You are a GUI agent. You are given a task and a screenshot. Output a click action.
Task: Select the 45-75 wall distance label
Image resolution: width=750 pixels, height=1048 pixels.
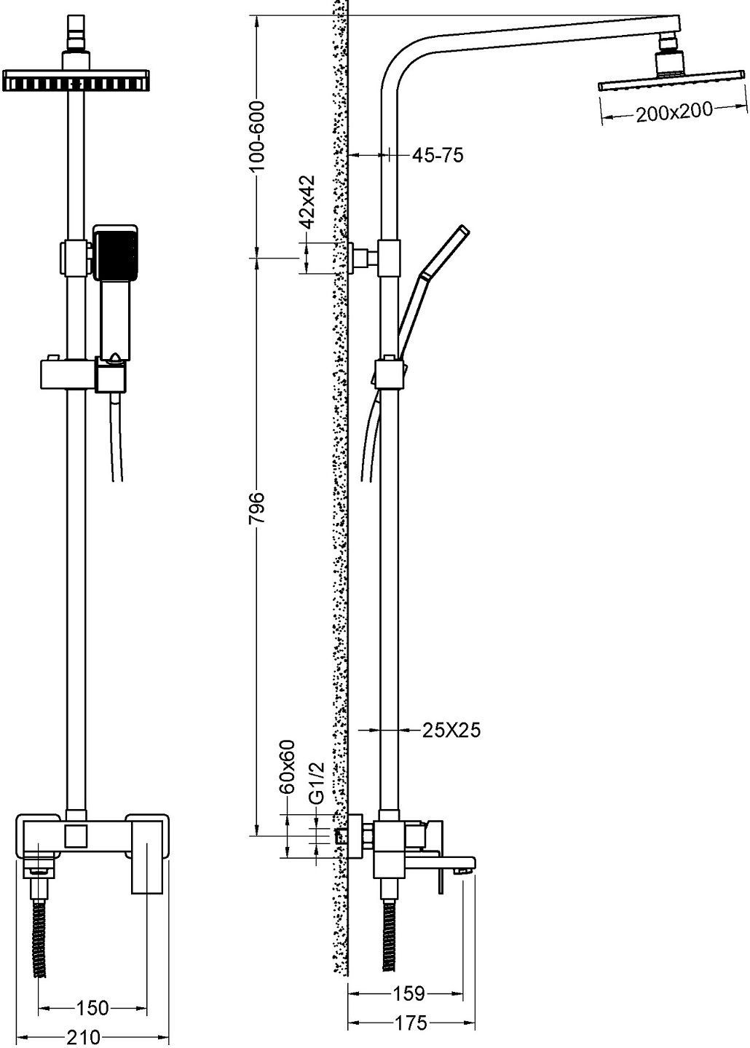(x=438, y=155)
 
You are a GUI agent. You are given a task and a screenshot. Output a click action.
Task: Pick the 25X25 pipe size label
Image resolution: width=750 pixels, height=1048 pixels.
(x=451, y=730)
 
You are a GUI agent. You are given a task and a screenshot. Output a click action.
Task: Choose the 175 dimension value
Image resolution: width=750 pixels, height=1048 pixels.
(x=411, y=1023)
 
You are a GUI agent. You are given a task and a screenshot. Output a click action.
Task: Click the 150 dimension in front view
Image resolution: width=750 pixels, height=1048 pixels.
(x=92, y=1008)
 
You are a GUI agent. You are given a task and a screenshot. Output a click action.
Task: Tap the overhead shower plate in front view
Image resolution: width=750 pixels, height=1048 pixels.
(x=76, y=81)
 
